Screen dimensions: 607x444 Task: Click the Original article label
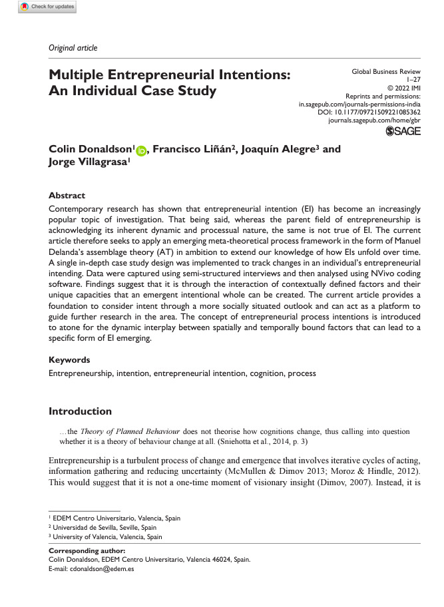pos(73,48)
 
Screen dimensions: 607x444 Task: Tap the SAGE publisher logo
pos(403,132)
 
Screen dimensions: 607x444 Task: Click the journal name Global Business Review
pos(386,71)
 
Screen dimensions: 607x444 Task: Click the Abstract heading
pos(67,196)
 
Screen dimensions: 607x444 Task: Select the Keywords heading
pos(70,359)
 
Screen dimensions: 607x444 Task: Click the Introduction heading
pos(81,411)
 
